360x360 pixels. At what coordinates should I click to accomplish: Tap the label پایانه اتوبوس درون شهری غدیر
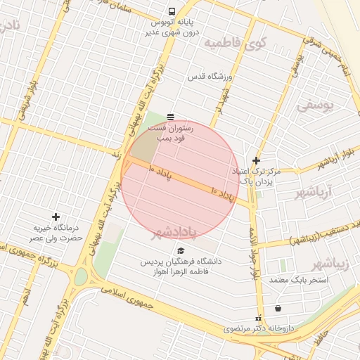pyautogui.click(x=172, y=27)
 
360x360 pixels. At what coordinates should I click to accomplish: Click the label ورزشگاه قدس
pyautogui.click(x=214, y=76)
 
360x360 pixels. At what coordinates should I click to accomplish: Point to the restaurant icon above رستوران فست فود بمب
pyautogui.click(x=170, y=116)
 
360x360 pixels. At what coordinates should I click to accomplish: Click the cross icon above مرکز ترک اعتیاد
pyautogui.click(x=256, y=160)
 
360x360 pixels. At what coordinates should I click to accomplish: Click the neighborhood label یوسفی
pyautogui.click(x=312, y=105)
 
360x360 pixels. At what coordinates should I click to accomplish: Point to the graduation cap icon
pyautogui.click(x=181, y=250)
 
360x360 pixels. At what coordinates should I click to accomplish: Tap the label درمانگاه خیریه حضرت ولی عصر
pyautogui.click(x=58, y=233)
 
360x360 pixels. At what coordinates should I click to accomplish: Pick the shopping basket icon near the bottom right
pyautogui.click(x=278, y=308)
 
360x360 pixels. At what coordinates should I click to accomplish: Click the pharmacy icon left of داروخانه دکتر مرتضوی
pyautogui.click(x=257, y=317)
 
